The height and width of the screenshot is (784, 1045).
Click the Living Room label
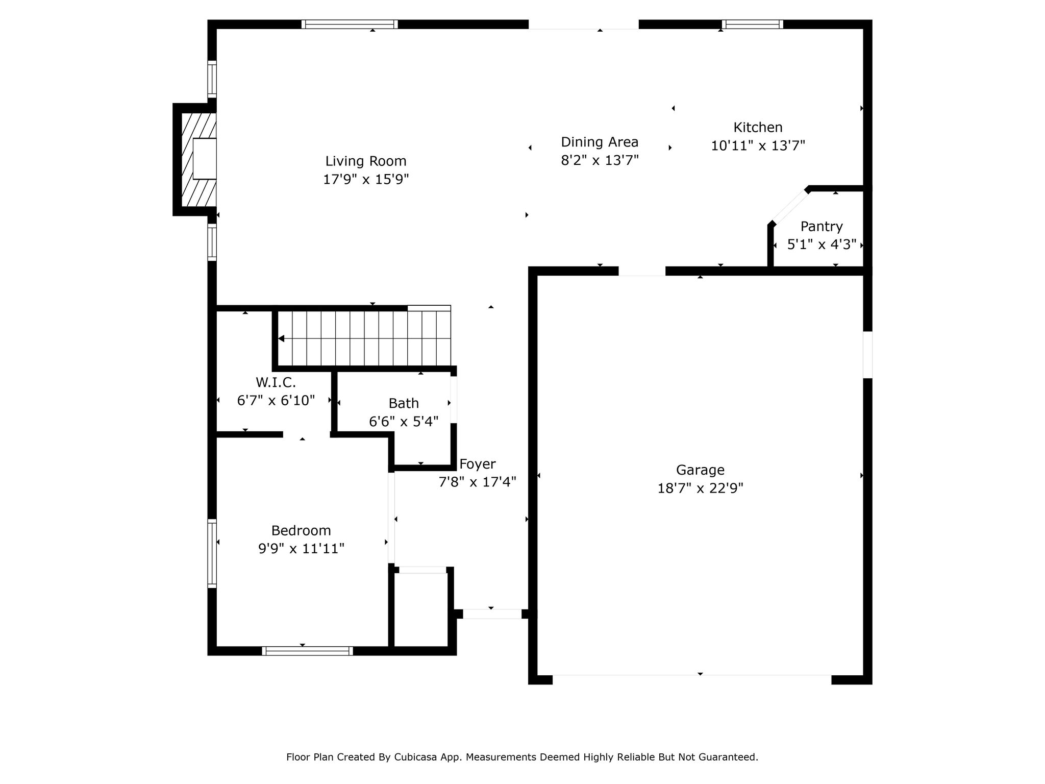click(x=366, y=161)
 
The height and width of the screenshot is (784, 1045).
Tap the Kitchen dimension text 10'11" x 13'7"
click(x=758, y=146)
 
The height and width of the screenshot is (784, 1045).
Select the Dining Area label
click(x=600, y=142)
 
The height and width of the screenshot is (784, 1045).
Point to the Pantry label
click(x=822, y=227)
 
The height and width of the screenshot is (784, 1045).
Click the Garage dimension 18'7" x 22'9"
click(x=700, y=488)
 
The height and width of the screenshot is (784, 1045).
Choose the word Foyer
click(x=477, y=464)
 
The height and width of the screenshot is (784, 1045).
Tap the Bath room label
click(x=404, y=403)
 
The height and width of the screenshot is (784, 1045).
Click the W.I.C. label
click(x=276, y=382)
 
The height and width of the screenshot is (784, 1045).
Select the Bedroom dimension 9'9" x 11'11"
click(x=301, y=549)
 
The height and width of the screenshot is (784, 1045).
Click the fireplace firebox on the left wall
click(x=205, y=158)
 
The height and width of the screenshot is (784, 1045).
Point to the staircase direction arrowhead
click(x=281, y=338)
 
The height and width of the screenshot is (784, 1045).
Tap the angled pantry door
click(x=790, y=207)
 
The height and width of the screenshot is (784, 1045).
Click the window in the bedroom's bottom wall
click(x=308, y=651)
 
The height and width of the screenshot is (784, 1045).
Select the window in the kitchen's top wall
click(x=752, y=24)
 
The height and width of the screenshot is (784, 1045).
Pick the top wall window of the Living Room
click(x=350, y=24)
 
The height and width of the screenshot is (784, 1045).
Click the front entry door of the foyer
click(x=492, y=614)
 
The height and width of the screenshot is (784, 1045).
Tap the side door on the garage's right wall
click(x=867, y=355)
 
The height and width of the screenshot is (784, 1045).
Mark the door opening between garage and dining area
click(x=642, y=271)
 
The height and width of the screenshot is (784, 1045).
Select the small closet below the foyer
click(x=422, y=609)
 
